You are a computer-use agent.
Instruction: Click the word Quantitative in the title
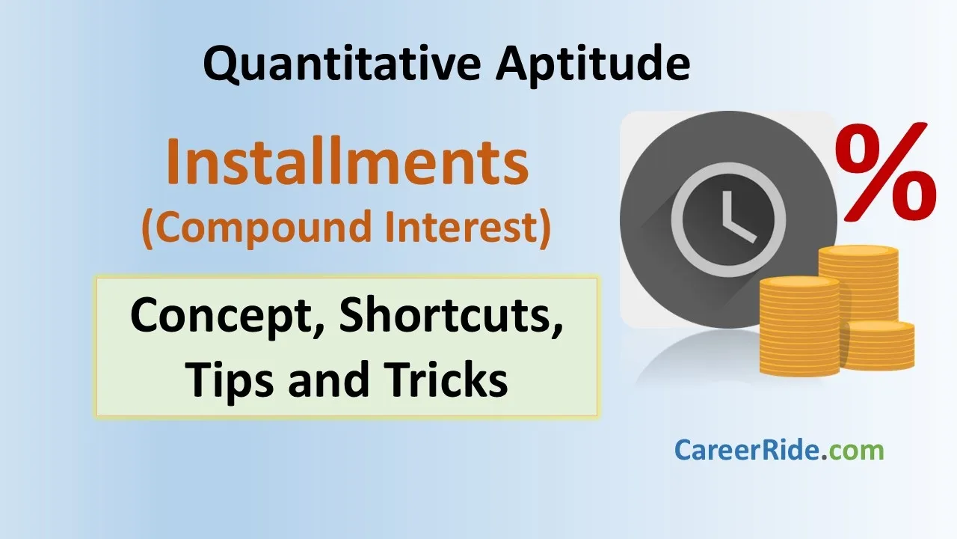click(x=342, y=64)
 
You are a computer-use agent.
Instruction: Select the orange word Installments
click(x=348, y=161)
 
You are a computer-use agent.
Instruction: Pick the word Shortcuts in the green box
click(x=451, y=314)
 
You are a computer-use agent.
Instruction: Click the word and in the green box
click(x=328, y=379)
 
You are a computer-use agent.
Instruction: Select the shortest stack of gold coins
click(x=878, y=345)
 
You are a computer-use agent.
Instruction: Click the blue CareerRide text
click(x=747, y=451)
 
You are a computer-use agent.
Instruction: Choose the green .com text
click(x=852, y=451)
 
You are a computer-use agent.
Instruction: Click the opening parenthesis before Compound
click(x=148, y=228)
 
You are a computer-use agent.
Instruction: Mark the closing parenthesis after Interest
click(x=544, y=228)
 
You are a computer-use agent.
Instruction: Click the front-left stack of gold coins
click(x=799, y=326)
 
